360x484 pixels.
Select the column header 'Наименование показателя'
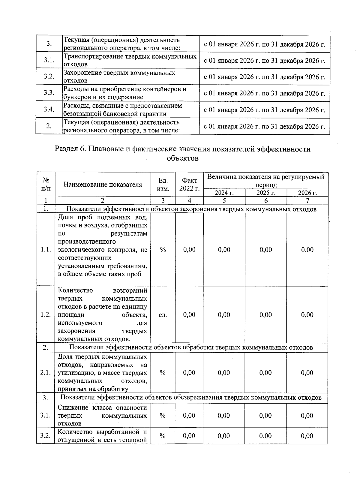pyautogui.click(x=103, y=185)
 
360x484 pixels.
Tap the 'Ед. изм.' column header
pyautogui.click(x=163, y=185)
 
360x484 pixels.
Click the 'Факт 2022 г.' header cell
pyautogui.click(x=189, y=185)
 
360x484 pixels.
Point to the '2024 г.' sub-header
pyautogui.click(x=224, y=193)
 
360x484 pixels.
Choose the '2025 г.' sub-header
pyautogui.click(x=266, y=193)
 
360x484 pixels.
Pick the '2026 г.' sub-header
pyautogui.click(x=307, y=193)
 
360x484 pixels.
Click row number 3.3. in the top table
pyautogui.click(x=49, y=93)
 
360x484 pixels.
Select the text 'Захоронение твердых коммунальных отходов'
pyautogui.click(x=119, y=77)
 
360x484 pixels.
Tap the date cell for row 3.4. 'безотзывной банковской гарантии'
pyautogui.click(x=264, y=110)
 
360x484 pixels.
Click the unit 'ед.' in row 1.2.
pyautogui.click(x=163, y=315)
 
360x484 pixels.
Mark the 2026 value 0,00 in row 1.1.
pyautogui.click(x=307, y=250)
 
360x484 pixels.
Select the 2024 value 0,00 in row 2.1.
pyautogui.click(x=224, y=373)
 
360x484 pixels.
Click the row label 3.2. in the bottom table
pyautogui.click(x=45, y=436)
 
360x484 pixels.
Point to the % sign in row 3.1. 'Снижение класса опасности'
pyautogui.click(x=163, y=416)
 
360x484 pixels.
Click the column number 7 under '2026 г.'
pyautogui.click(x=307, y=201)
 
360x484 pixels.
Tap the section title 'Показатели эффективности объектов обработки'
pyautogui.click(x=191, y=347)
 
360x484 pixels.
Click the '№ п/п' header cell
pyautogui.click(x=46, y=185)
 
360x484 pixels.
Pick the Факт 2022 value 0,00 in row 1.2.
pyautogui.click(x=189, y=315)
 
